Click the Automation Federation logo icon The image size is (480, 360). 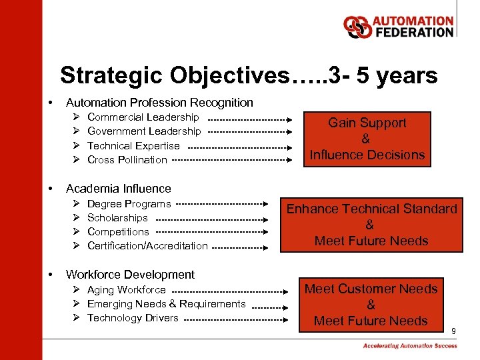(x=357, y=27)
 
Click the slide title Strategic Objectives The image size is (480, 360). (x=249, y=75)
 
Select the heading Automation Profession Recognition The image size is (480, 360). (x=159, y=103)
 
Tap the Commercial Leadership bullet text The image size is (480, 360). (x=143, y=117)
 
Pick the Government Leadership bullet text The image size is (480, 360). (x=143, y=131)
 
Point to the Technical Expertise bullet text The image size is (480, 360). (x=133, y=145)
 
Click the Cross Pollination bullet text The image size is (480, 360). (x=127, y=159)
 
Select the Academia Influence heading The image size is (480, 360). (x=118, y=189)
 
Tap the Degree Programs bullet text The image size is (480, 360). (x=129, y=203)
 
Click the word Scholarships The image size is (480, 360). (x=117, y=217)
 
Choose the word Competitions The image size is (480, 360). (x=118, y=231)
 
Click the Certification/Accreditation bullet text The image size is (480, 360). (x=147, y=245)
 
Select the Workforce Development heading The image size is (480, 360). (x=130, y=275)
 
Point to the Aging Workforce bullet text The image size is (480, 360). (x=126, y=289)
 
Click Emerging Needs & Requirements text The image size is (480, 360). (x=166, y=303)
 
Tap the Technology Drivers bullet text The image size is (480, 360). (x=133, y=317)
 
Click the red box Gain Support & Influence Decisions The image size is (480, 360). (x=367, y=139)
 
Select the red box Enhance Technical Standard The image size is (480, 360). (x=371, y=225)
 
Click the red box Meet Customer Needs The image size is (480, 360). (x=371, y=305)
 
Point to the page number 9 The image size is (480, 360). (x=453, y=331)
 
